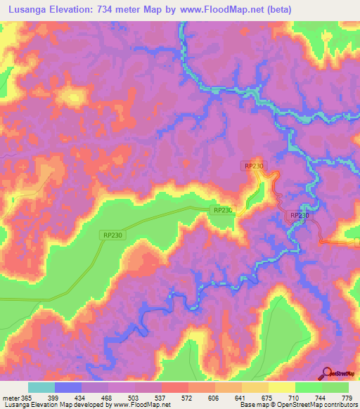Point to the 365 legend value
25,397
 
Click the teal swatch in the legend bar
41,387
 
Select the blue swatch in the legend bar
68,387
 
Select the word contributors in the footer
338,405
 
